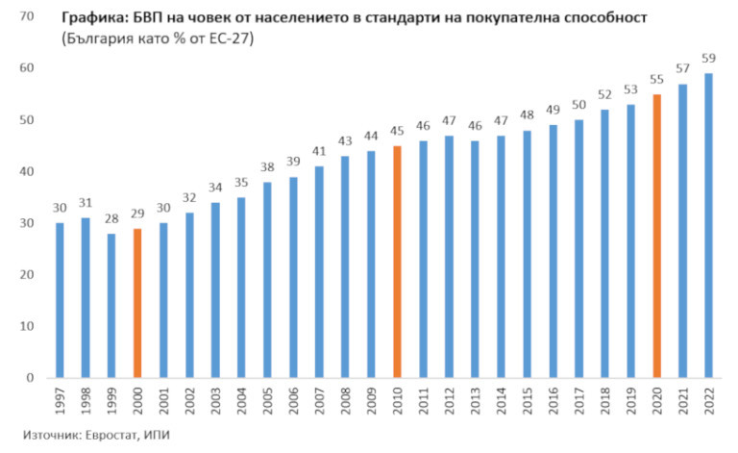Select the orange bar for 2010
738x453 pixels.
(397, 261)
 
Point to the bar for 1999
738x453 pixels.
(111, 305)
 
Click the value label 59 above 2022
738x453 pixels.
(708, 59)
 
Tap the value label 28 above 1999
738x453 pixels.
(111, 219)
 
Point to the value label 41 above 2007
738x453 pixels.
(319, 152)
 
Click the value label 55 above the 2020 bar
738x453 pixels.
(656, 80)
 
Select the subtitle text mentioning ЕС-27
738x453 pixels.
(149, 39)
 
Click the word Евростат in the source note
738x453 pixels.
(115, 436)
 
